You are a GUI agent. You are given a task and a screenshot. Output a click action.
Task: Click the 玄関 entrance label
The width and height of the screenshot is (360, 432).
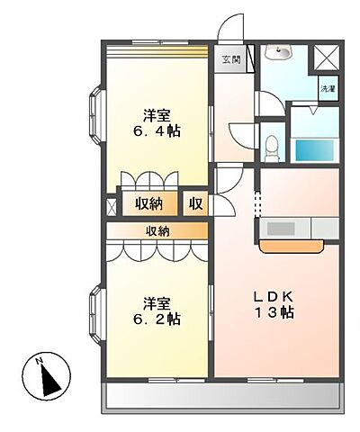(x=231, y=59)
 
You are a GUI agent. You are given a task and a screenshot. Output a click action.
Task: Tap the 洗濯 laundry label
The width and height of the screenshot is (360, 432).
(x=328, y=88)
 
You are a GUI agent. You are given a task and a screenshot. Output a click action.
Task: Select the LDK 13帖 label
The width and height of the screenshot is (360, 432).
(x=274, y=305)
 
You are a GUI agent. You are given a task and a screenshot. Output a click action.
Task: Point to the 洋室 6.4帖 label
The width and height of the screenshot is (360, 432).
(x=157, y=123)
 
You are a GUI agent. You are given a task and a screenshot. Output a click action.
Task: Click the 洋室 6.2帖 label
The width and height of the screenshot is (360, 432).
(x=157, y=311)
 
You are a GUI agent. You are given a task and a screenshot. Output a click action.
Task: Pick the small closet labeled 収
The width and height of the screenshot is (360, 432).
(x=195, y=204)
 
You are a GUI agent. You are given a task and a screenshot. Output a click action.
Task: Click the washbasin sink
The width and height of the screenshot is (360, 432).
(x=278, y=52)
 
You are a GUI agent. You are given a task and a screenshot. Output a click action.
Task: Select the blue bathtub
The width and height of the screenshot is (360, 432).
(x=314, y=150)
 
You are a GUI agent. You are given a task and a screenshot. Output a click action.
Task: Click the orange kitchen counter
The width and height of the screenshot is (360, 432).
(x=292, y=246)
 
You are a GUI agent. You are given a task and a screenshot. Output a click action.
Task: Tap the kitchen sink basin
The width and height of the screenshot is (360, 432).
(x=280, y=229)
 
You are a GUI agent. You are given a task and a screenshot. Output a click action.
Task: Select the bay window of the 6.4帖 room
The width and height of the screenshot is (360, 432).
(x=97, y=115)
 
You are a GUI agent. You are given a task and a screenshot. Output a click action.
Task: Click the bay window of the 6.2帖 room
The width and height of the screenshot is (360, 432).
(x=97, y=314)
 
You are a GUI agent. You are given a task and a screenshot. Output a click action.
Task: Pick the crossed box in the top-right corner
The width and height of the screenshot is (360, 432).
(x=327, y=58)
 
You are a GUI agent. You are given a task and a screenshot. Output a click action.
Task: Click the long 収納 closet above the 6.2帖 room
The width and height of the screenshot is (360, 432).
(x=157, y=230)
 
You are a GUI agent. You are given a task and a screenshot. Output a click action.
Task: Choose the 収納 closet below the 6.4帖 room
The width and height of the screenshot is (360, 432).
(x=149, y=204)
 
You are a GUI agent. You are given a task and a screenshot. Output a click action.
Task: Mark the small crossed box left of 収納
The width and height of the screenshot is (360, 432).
(x=112, y=206)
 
